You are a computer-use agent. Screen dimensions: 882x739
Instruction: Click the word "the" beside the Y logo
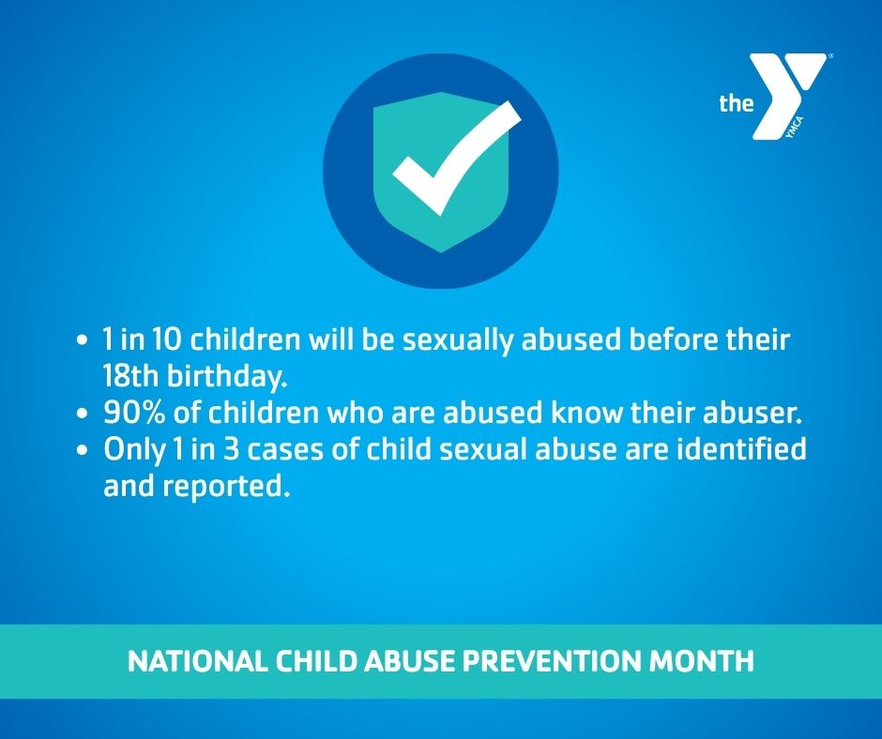pos(736,103)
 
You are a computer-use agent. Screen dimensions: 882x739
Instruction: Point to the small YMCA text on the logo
pos(795,128)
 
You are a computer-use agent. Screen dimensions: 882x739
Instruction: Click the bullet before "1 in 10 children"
pos(83,340)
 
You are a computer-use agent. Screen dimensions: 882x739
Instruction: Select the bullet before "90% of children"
pos(83,414)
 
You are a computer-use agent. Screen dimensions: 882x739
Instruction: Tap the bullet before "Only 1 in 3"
pos(83,450)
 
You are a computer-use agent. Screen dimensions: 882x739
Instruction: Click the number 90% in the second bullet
pos(134,413)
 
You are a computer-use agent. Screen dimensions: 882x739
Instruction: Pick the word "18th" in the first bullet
pos(130,376)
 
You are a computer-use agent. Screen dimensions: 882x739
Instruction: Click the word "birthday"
pos(227,376)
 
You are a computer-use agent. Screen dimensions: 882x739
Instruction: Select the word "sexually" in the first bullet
pos(457,341)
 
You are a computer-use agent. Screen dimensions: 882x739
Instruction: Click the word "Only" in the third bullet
pos(135,451)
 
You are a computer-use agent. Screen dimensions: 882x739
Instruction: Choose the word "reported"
pos(227,488)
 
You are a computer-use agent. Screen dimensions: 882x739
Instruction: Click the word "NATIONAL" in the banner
pos(197,661)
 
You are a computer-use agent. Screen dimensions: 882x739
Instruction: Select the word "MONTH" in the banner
pos(702,661)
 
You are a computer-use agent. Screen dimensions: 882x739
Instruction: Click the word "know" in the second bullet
pos(586,413)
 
